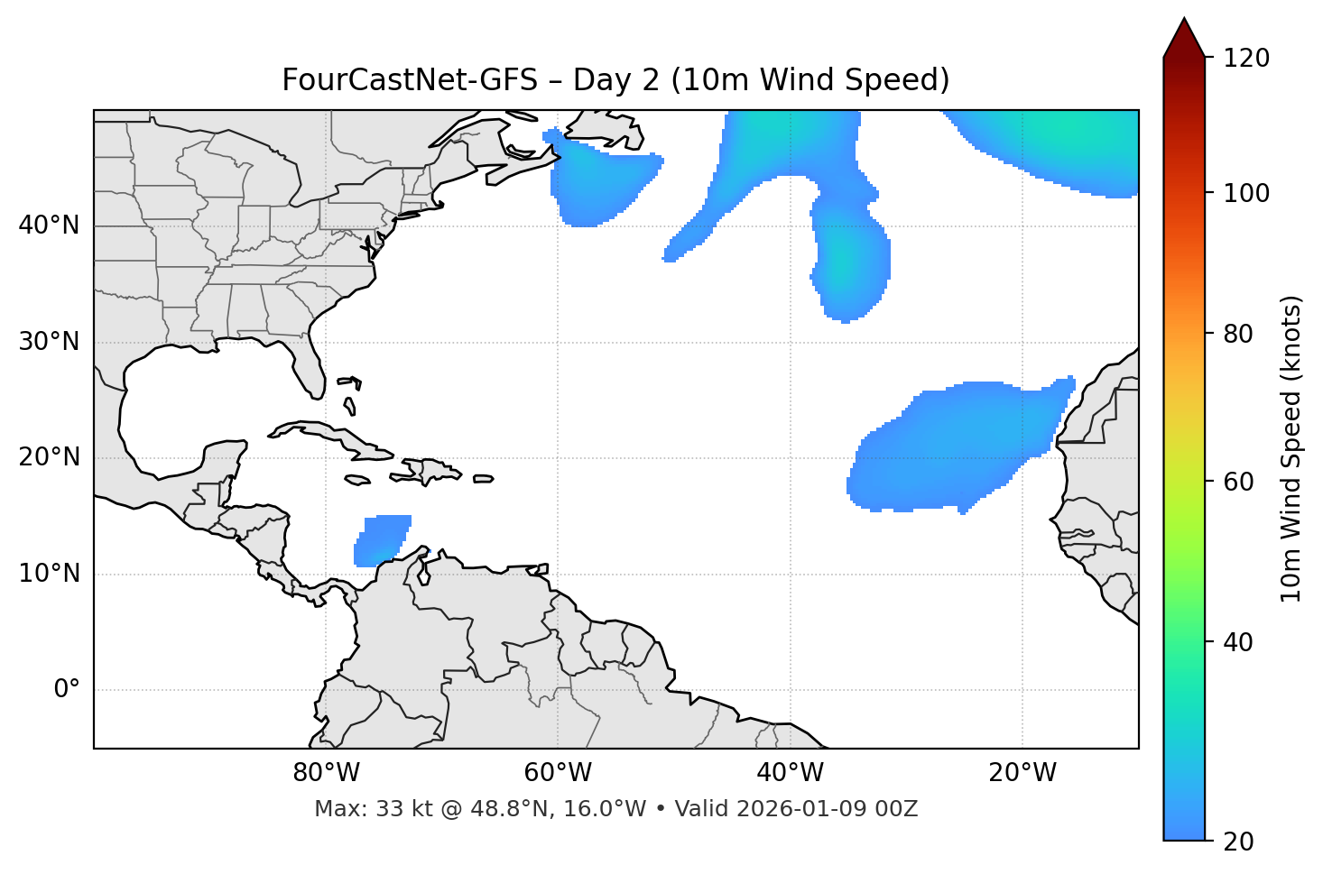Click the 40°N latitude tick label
click(x=50, y=225)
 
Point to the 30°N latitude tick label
click(x=50, y=342)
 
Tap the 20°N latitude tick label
click(x=50, y=457)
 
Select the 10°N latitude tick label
click(x=50, y=574)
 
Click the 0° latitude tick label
click(x=67, y=690)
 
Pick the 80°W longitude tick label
click(x=326, y=773)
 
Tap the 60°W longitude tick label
click(x=558, y=773)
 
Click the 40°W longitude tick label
click(x=790, y=773)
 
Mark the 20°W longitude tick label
click(x=1022, y=773)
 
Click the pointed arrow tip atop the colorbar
click(x=1183, y=20)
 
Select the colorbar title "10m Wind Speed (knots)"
click(x=1291, y=448)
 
